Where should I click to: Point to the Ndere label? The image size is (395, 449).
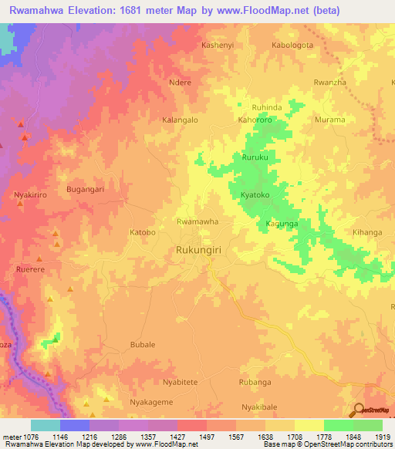[179, 82]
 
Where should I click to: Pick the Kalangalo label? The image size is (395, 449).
[180, 120]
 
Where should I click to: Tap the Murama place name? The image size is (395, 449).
[330, 120]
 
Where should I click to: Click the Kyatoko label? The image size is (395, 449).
[255, 195]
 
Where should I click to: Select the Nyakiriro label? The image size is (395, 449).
[31, 195]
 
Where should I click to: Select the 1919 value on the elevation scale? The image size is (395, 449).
[382, 437]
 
